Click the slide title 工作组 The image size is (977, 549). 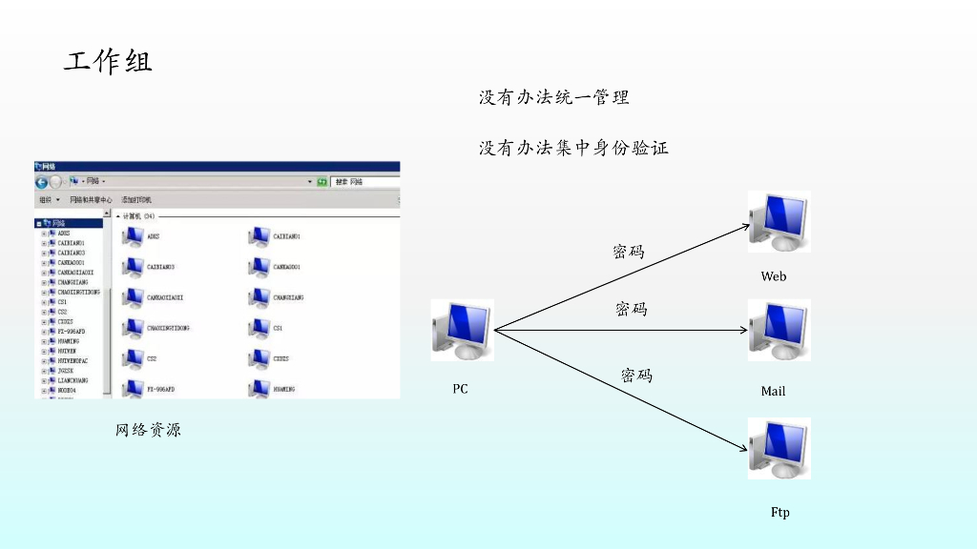[108, 63]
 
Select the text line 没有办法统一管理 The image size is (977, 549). [553, 97]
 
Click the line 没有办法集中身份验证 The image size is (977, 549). [573, 148]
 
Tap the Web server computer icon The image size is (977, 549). [779, 222]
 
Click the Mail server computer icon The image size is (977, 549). [779, 331]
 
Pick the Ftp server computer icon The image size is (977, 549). [779, 448]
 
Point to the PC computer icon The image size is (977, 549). [462, 330]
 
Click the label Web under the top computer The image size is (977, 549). [774, 276]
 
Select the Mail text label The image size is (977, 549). [773, 392]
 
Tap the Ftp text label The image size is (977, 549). [780, 513]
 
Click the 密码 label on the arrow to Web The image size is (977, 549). [628, 252]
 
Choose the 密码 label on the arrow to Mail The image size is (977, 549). [631, 309]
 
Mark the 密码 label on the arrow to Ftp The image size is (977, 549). [636, 376]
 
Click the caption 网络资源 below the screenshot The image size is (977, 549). [148, 430]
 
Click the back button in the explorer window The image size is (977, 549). [42, 181]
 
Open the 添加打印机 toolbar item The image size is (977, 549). [136, 200]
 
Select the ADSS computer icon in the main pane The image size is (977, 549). [133, 236]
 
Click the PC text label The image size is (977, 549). [460, 389]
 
